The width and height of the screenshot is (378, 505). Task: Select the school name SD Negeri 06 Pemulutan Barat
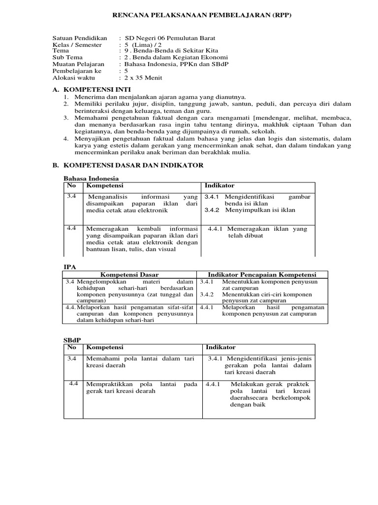(x=170, y=38)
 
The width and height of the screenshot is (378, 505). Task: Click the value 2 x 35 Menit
(x=143, y=77)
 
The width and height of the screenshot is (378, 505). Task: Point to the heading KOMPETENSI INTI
(x=94, y=90)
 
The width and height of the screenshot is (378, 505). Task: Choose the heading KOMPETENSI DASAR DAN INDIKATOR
(x=133, y=166)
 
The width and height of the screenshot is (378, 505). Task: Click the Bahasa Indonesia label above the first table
(x=92, y=178)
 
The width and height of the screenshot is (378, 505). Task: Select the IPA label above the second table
(x=70, y=266)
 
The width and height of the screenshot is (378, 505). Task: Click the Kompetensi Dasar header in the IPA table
(x=129, y=275)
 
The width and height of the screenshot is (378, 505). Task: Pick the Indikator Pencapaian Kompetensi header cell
(x=262, y=275)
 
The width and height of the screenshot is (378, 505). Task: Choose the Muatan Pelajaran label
(x=78, y=64)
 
